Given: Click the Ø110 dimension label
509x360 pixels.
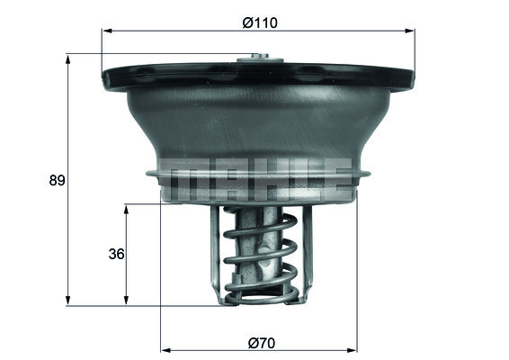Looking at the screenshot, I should pos(258,23).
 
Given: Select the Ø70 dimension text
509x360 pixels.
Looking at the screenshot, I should pos(259,341).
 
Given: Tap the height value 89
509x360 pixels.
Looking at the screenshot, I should pos(56,180).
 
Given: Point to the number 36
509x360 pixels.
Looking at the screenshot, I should pos(115,254).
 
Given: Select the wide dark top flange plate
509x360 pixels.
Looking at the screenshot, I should pos(259,76).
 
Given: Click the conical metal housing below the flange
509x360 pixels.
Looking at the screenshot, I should pos(259,126).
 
